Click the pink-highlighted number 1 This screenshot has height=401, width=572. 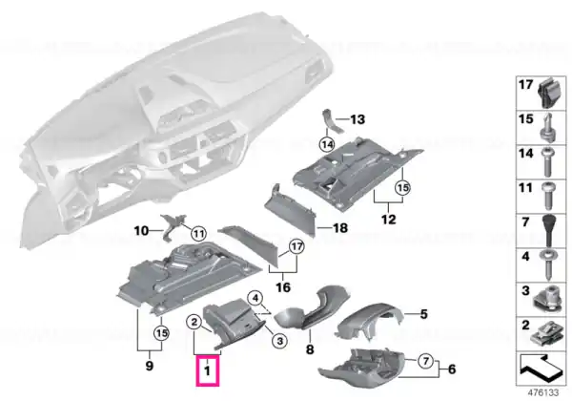pos(207,371)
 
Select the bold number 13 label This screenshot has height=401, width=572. pos(357,119)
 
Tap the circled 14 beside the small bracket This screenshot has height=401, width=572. pos(327,144)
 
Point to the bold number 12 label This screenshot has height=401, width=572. pos(388,220)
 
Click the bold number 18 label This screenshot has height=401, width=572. pos(340,228)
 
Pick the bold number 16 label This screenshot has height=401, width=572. pos(283,287)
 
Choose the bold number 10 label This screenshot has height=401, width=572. pos(141,231)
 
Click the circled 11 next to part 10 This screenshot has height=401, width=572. pos(198,233)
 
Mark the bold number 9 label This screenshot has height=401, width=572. pos(150,366)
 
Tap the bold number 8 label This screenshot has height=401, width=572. pos(309,349)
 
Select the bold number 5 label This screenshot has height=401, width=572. pos(423,314)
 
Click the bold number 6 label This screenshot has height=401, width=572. pos(452,369)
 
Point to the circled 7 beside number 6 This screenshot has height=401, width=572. pos(425,362)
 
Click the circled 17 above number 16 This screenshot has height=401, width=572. pos(296,247)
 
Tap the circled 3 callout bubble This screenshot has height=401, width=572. pos(279,341)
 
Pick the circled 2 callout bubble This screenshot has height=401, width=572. pos(194,322)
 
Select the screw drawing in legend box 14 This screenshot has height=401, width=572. pos(547,161)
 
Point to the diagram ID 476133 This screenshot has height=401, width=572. pos(543,393)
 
